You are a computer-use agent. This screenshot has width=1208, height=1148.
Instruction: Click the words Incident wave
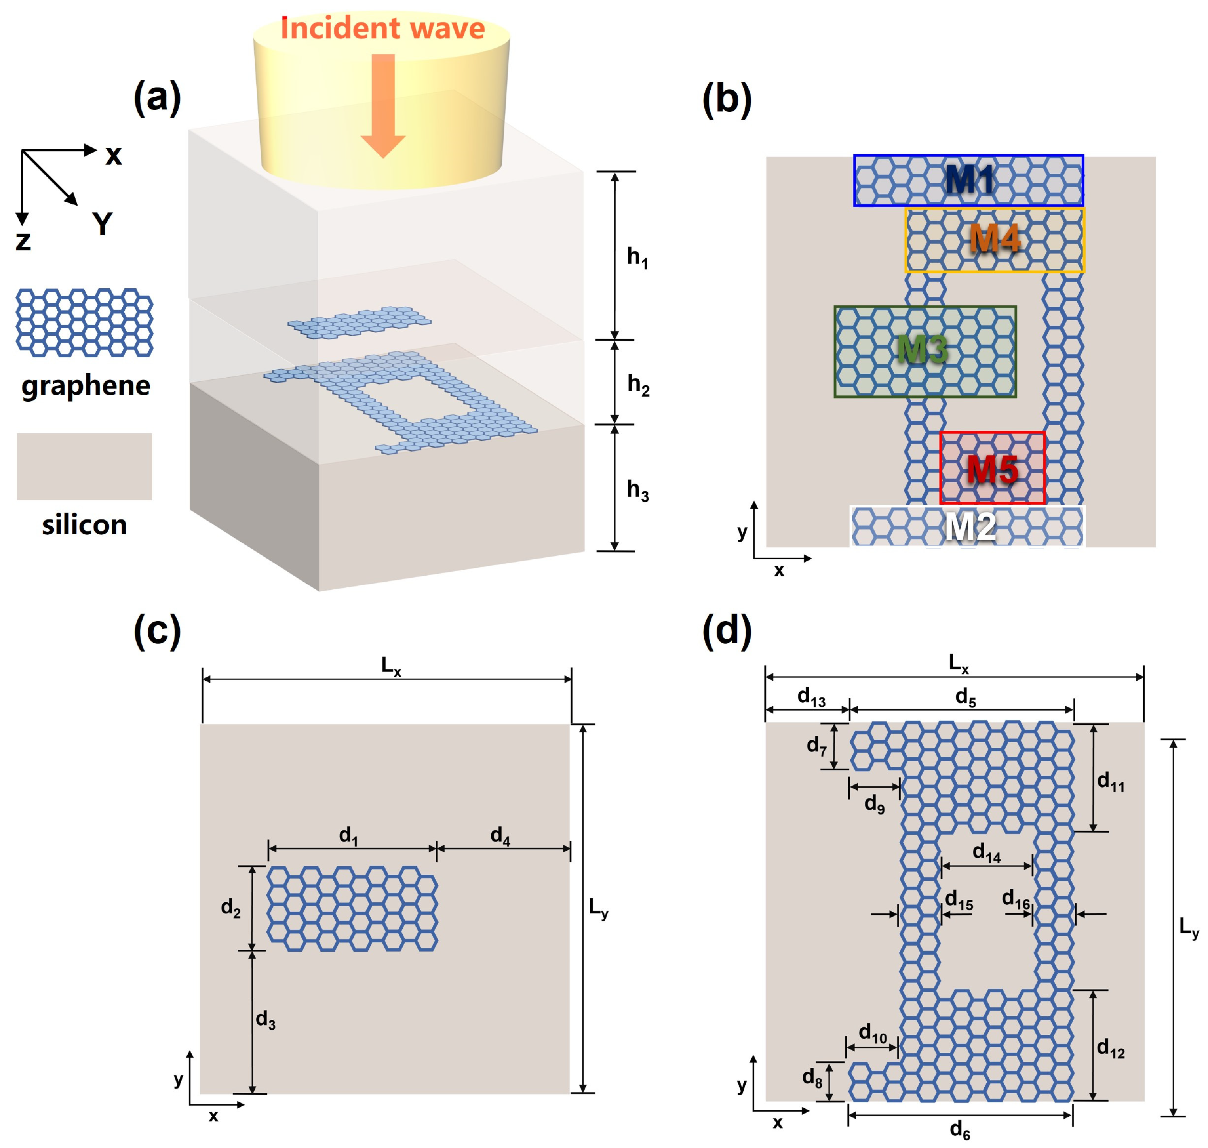tap(382, 29)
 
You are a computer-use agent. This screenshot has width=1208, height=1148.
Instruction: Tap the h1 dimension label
tap(637, 257)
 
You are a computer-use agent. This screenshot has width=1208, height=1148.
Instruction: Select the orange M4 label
tap(995, 238)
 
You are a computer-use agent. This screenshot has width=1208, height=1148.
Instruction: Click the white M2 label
tap(970, 526)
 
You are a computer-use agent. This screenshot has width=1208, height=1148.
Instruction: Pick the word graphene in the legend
tap(86, 385)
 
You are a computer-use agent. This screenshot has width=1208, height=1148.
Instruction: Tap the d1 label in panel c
tap(349, 835)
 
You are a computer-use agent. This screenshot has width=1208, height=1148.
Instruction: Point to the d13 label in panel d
tap(811, 697)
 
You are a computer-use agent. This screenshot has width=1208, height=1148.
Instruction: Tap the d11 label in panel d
tap(1110, 782)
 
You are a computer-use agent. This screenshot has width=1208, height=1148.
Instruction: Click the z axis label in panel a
tap(23, 241)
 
